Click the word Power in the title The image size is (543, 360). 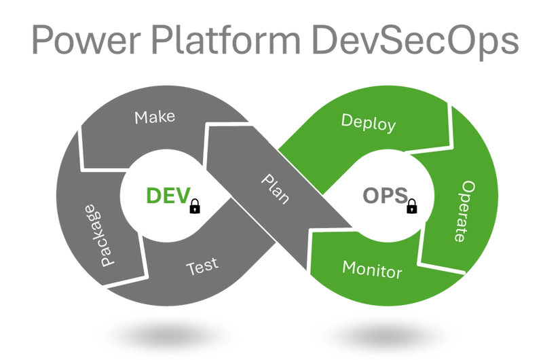point(86,39)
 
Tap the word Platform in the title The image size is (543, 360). point(226,38)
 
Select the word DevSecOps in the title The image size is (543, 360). point(415,41)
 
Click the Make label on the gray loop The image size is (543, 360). point(155,117)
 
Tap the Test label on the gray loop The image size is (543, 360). point(202,266)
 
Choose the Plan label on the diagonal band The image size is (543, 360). point(276,189)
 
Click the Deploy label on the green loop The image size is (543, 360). point(368,122)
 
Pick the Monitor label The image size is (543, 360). point(372,269)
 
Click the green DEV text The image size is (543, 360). point(168,196)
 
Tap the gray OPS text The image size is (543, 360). point(385,196)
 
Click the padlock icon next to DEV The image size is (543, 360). point(195,206)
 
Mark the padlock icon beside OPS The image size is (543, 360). point(412,206)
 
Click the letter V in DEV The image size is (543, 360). point(183,196)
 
